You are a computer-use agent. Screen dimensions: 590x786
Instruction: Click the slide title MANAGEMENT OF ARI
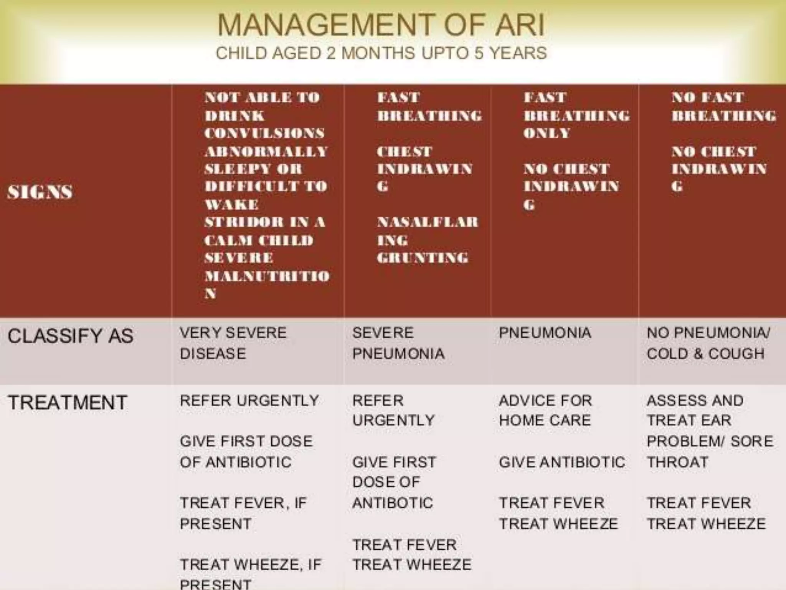pos(381,25)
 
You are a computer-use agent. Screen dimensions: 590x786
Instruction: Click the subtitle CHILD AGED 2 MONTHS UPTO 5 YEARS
pos(381,53)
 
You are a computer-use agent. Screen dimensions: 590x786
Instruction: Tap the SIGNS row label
pos(40,192)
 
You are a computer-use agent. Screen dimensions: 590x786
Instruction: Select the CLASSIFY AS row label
pos(70,336)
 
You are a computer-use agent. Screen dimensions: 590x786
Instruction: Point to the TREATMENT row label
pos(67,403)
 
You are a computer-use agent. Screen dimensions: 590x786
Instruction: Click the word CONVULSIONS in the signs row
pos(264,133)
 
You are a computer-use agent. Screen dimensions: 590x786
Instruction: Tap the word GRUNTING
pos(422,257)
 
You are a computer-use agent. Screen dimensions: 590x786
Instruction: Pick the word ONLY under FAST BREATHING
pos(547,133)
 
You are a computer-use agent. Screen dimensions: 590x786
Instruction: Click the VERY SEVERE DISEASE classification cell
pos(233,343)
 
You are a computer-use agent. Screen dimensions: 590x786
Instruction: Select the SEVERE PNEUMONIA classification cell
pos(398,343)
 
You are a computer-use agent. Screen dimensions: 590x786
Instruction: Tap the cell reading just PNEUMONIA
pos(545,333)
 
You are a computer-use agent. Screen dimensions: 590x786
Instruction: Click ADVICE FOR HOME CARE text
pos(545,410)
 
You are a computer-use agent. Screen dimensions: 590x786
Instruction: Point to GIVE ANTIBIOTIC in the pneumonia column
pos(561,462)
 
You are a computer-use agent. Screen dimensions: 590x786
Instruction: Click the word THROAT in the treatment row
pos(677,462)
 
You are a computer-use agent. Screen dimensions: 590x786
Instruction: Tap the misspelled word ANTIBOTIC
pos(392,503)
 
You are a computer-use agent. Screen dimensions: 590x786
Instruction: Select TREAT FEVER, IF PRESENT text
pos(243,513)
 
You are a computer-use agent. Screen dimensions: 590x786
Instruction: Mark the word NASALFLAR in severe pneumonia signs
pos(427,222)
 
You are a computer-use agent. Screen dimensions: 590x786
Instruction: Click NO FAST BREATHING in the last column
pos(723,106)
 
